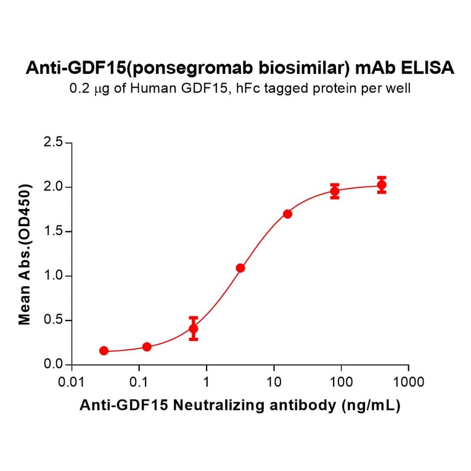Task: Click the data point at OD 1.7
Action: click(287, 214)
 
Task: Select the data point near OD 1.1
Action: click(240, 268)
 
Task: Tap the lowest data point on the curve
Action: click(104, 351)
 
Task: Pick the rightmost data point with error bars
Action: click(382, 184)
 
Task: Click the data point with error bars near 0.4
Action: click(194, 329)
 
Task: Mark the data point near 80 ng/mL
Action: click(335, 191)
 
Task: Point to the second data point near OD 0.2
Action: click(147, 347)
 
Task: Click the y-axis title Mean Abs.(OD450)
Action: click(25, 254)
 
